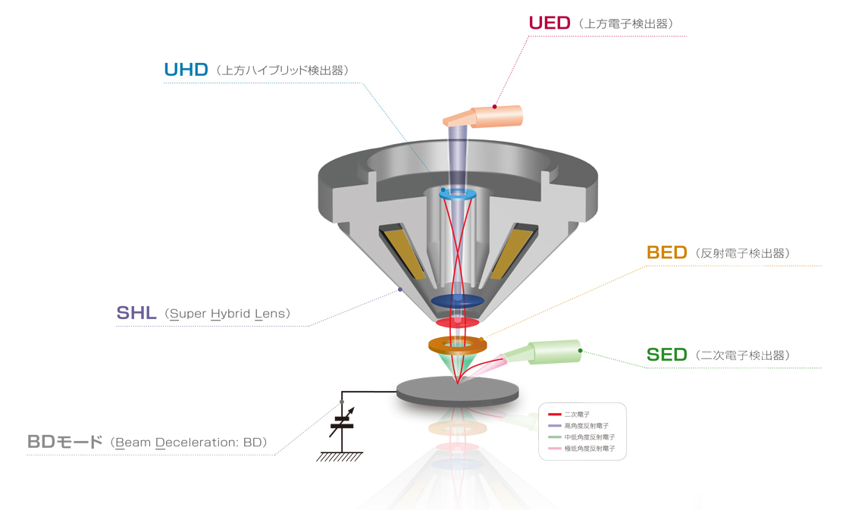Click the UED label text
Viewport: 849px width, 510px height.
pyautogui.click(x=549, y=23)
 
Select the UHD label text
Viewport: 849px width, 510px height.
pyautogui.click(x=186, y=70)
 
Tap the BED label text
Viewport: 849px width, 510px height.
pyautogui.click(x=667, y=252)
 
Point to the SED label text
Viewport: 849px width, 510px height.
pyautogui.click(x=667, y=354)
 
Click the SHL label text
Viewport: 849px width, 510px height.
pyautogui.click(x=136, y=312)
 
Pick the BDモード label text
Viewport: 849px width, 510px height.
pyautogui.click(x=64, y=442)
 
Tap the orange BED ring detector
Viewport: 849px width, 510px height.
pyautogui.click(x=458, y=346)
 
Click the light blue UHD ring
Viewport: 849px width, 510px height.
pyautogui.click(x=457, y=194)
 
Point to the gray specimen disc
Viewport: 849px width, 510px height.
pyautogui.click(x=458, y=391)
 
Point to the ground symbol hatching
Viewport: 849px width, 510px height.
pyautogui.click(x=341, y=457)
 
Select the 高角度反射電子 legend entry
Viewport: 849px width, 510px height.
pyautogui.click(x=584, y=426)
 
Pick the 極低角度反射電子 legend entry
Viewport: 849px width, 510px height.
pyautogui.click(x=588, y=449)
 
